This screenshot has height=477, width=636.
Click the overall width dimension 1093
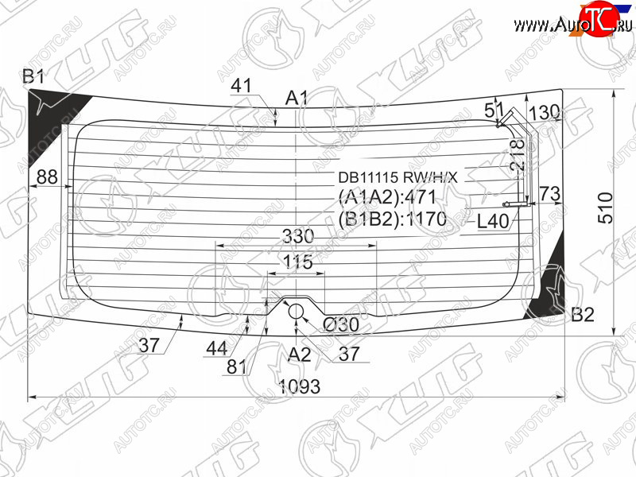pos(300,386)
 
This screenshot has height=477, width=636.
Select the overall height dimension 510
pos(606,207)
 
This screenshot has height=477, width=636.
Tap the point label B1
pos(33,76)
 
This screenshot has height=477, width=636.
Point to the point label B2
pos(583,314)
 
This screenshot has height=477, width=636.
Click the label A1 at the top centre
pos(297,98)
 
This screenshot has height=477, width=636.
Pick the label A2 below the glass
pos(300,355)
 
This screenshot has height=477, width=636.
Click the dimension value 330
pos(298,236)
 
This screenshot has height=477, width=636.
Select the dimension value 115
pos(298,262)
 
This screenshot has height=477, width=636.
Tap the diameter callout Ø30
pos(341,324)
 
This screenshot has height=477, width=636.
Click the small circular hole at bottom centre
pos(296,312)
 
